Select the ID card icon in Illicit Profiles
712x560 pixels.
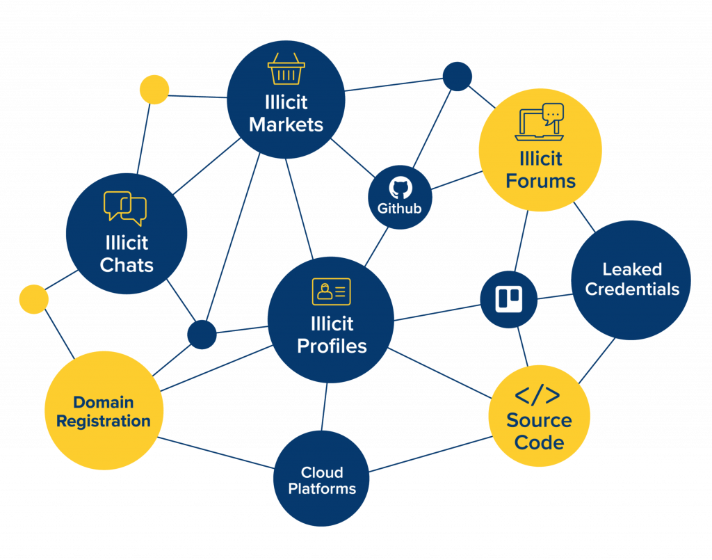tap(331, 291)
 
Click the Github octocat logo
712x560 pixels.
tap(400, 189)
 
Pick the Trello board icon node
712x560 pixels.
tap(508, 299)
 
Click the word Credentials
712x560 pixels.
tap(632, 289)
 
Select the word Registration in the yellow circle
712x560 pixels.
tap(103, 421)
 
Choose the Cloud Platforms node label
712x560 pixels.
tap(322, 480)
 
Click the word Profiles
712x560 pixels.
tap(332, 346)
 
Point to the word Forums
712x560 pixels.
tap(540, 181)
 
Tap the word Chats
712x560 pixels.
tap(127, 265)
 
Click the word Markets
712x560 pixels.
tap(286, 125)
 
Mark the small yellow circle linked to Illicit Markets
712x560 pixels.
tap(154, 90)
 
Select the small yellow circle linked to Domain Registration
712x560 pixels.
tap(33, 299)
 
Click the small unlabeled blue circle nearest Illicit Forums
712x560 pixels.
tap(458, 76)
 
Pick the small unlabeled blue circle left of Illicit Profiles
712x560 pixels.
tap(202, 334)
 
